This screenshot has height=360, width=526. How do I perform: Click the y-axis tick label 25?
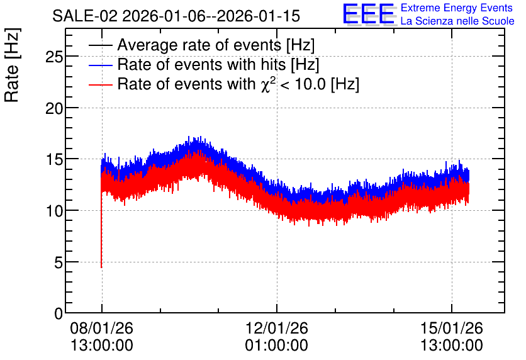tap(54, 57)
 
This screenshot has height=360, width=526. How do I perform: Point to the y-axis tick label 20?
tap(54, 108)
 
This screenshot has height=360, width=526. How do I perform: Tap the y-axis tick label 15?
tap(54, 160)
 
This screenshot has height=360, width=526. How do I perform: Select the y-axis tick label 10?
tap(54, 211)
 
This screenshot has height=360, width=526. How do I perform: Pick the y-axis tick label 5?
tap(59, 262)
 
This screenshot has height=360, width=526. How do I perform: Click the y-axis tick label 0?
tap(59, 313)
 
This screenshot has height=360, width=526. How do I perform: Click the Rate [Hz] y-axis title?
tap(12, 65)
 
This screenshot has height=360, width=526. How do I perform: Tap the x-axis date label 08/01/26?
tap(102, 328)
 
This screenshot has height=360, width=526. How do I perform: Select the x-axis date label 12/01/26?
tap(277, 328)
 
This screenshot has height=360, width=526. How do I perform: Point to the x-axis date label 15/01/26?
tap(452, 328)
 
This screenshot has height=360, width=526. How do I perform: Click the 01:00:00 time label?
tap(277, 346)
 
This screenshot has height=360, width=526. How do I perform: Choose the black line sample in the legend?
tap(101, 45)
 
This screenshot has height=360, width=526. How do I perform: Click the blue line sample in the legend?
tap(101, 65)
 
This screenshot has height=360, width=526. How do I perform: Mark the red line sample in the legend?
tap(101, 84)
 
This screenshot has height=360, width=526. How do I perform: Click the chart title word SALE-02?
tap(85, 16)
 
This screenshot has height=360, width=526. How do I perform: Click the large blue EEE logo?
tap(369, 14)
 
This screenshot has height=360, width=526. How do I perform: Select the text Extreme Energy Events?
tap(457, 8)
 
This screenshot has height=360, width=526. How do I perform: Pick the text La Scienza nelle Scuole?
tap(457, 21)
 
